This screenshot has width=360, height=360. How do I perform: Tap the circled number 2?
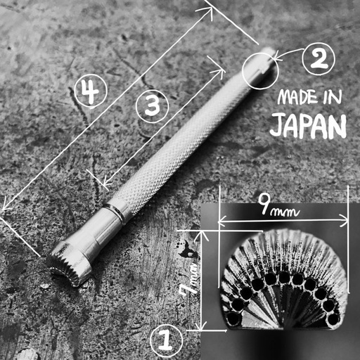coord(319,60)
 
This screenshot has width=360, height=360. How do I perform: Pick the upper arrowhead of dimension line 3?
coord(222,67)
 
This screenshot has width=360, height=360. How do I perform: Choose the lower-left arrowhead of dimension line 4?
coord(4,208)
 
